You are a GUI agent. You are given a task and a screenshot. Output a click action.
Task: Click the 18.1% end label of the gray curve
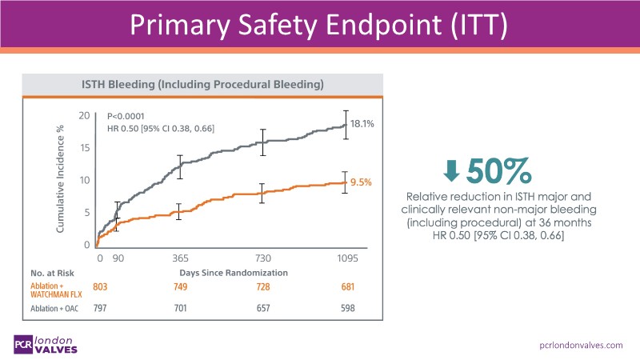362,124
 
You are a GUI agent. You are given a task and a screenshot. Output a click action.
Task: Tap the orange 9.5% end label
362,182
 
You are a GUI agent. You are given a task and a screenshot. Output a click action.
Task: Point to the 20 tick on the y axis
84,116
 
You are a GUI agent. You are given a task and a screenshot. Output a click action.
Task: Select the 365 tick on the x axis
180,258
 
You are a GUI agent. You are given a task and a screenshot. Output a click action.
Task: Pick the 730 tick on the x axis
263,258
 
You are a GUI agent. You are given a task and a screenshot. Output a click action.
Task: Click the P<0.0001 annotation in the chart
127,116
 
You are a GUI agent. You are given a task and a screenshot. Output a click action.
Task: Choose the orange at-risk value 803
100,287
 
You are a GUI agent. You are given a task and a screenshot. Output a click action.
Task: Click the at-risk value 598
346,308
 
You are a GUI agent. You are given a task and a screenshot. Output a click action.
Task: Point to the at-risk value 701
180,308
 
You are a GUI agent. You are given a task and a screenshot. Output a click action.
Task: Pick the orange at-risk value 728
263,287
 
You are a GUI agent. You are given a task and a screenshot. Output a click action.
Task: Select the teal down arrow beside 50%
451,171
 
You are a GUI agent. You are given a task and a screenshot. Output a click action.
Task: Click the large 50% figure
499,170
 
